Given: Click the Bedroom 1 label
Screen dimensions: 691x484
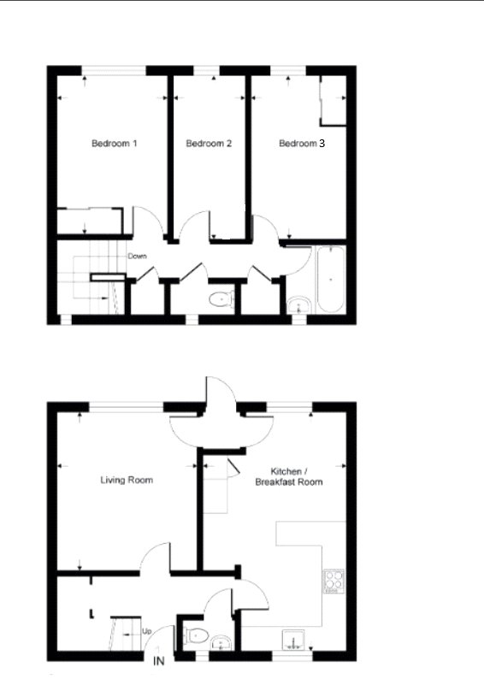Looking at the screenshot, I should (115, 144).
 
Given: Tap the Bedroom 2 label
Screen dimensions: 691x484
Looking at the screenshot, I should (209, 144).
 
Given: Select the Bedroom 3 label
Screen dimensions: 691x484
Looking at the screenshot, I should (302, 144).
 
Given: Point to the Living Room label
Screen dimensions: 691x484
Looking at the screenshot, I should (127, 481).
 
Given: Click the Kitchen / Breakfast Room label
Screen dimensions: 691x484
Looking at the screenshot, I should (289, 477).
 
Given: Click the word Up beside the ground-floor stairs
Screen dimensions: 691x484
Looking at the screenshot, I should (146, 632).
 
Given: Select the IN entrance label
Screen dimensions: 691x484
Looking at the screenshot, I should (158, 661).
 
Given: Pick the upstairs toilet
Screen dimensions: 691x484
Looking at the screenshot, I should (221, 299).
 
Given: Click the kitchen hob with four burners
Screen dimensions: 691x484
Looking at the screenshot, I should (333, 582).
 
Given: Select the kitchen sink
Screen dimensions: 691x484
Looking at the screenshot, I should (296, 640).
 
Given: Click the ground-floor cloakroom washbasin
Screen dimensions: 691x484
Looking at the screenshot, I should (219, 641).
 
